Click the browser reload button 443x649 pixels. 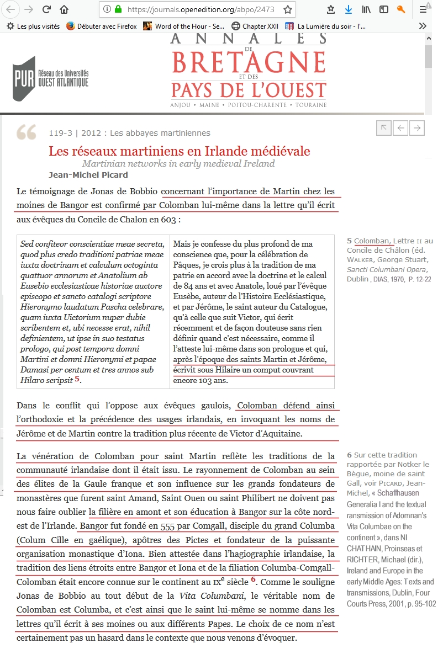[x=46, y=9]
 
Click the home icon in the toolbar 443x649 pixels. [x=64, y=9]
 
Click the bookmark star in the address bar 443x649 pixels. [x=287, y=9]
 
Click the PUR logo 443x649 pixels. [x=51, y=78]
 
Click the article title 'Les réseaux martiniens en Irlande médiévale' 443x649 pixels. [x=179, y=151]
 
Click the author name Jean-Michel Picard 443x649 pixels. [x=88, y=175]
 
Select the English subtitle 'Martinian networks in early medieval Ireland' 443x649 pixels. [x=178, y=163]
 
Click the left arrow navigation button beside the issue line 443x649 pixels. [x=400, y=128]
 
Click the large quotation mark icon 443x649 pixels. [x=27, y=132]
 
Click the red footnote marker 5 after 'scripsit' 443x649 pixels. [x=77, y=379]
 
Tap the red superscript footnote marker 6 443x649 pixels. [x=254, y=579]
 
